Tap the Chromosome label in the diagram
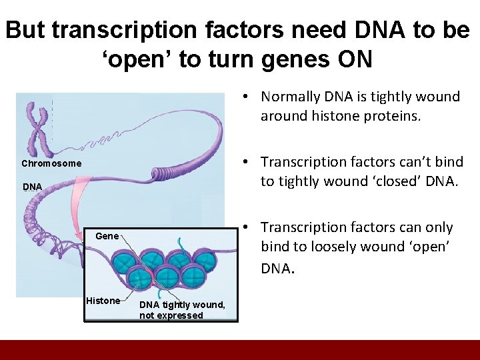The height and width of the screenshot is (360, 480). point(51,163)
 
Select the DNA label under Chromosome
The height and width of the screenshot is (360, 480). point(32,187)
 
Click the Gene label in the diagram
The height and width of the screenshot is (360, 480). point(107,236)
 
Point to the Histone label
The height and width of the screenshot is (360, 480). point(103,301)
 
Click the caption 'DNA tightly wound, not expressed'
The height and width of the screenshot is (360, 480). point(182,310)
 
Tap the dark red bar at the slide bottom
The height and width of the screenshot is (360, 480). point(240,350)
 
